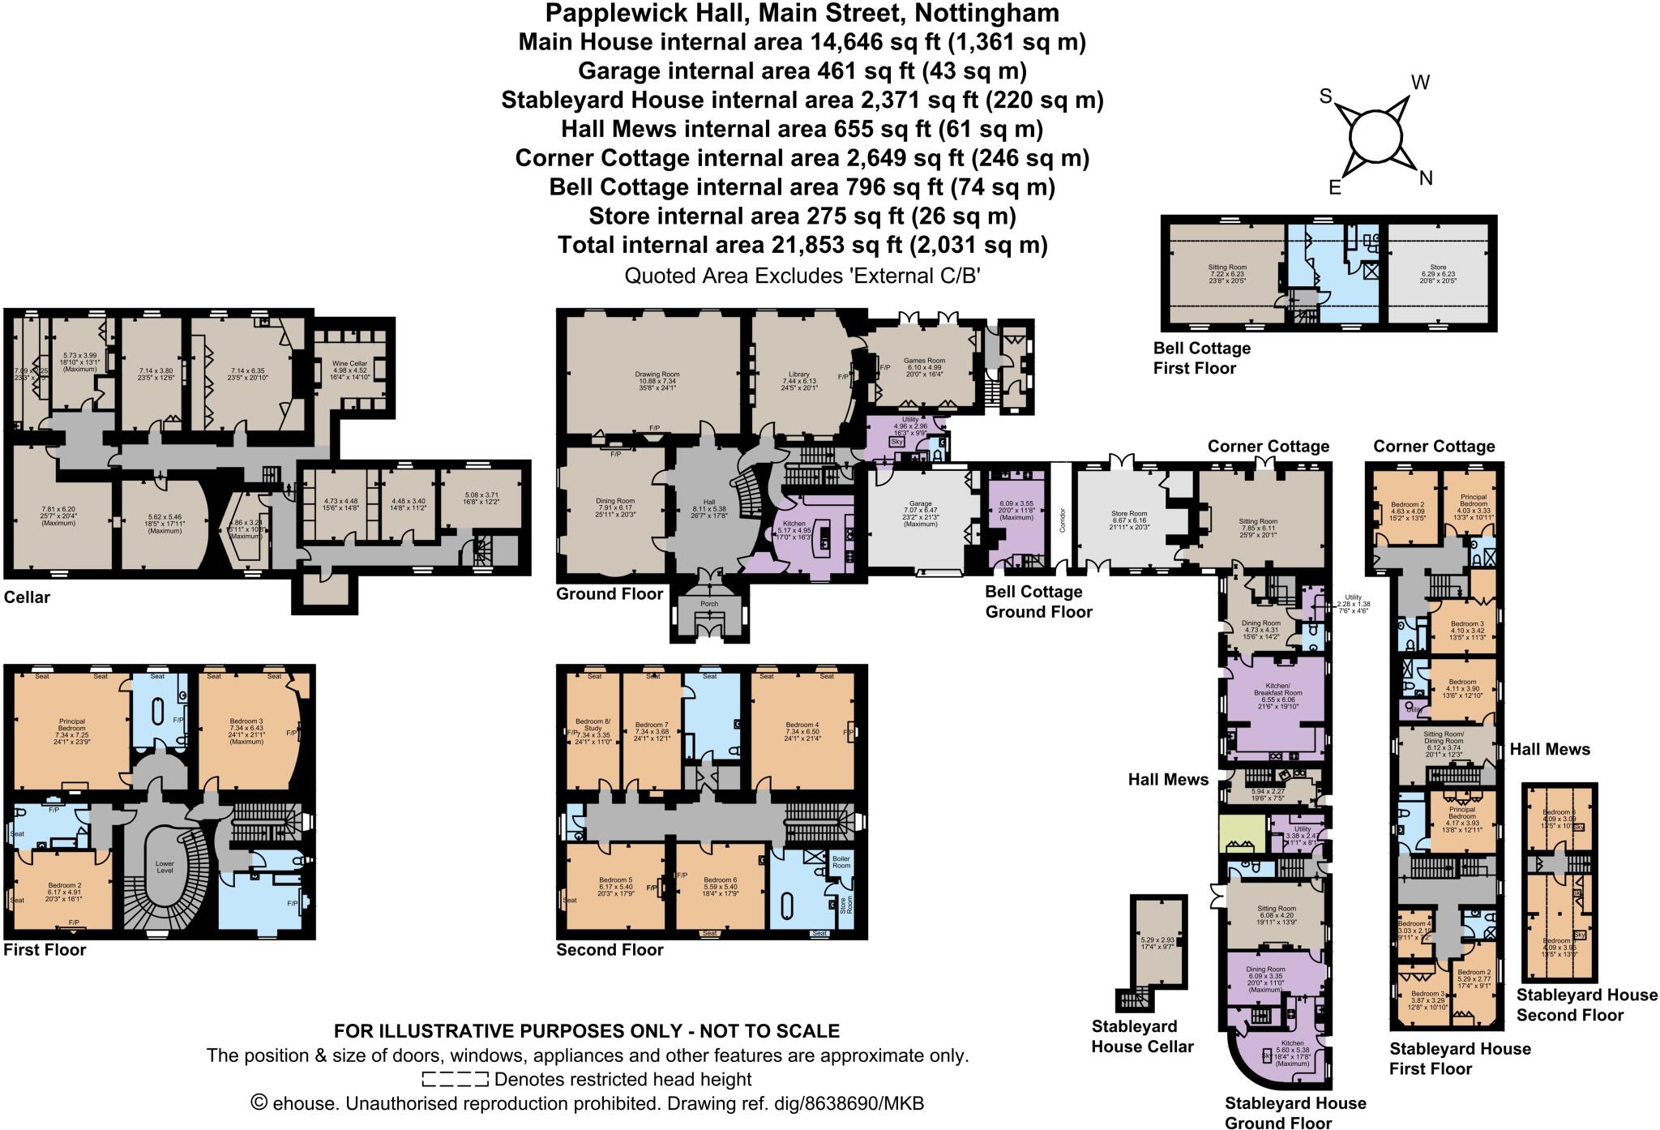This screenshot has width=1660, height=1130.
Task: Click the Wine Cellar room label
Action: coord(351,363)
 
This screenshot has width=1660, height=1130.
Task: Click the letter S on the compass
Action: coord(1326,96)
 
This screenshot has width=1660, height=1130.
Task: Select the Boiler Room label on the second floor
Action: coord(841,862)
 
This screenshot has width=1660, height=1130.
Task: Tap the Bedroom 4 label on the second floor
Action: coord(802,725)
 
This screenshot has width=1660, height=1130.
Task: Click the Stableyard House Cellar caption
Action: coord(1142,1036)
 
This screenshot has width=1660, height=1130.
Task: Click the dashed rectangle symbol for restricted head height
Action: coord(455,1080)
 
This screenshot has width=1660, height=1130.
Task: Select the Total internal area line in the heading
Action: coord(802,245)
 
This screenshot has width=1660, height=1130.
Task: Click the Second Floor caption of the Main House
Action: coord(610,949)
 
